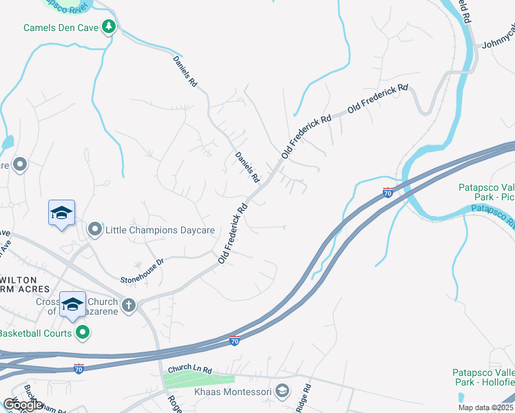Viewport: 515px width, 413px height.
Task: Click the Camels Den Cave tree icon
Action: tap(109, 28)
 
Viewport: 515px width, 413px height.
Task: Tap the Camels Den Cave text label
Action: tap(61, 28)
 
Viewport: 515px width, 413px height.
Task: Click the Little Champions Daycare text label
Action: tap(160, 229)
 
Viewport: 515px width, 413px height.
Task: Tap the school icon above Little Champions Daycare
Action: tap(61, 213)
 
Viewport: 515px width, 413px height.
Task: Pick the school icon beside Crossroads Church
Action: tap(72, 304)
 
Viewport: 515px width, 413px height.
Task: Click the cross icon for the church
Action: tap(128, 304)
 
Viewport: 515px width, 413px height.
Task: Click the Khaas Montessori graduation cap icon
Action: tap(281, 391)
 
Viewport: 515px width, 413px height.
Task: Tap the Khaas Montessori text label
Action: tap(238, 392)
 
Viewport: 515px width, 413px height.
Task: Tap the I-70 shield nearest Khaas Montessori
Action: tap(235, 340)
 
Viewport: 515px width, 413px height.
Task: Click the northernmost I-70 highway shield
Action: tap(388, 193)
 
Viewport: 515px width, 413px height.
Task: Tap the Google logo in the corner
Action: tap(22, 405)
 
